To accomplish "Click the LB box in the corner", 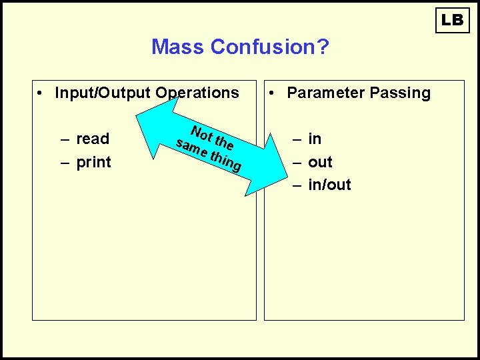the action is click(453, 20).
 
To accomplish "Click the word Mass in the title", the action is click(178, 47).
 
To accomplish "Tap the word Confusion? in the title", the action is click(269, 47).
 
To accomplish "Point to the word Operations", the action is click(197, 93).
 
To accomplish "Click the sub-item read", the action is click(93, 139).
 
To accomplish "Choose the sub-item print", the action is click(93, 162).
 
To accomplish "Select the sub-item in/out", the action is click(329, 185).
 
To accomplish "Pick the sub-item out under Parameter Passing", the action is click(320, 162).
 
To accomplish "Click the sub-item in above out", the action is click(315, 139).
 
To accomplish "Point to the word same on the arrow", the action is click(190, 146).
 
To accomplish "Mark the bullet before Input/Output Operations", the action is click(41, 93).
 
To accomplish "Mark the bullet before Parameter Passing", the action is click(273, 93).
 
